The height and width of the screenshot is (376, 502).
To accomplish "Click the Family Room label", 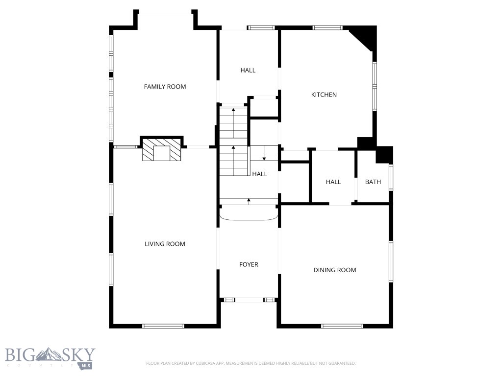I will (x=165, y=87).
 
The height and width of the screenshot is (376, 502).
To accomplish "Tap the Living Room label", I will (x=165, y=244).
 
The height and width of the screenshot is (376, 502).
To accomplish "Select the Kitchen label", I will (x=324, y=94).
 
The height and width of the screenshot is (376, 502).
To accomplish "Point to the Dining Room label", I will (x=335, y=270).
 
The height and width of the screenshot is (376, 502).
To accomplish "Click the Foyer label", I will (x=249, y=264).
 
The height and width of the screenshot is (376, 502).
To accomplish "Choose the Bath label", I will (x=373, y=182).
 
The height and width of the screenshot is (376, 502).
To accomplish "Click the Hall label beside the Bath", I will (x=333, y=182).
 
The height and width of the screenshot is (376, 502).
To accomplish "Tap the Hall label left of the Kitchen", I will (x=248, y=70).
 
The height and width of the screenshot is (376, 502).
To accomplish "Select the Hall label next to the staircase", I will (x=259, y=174).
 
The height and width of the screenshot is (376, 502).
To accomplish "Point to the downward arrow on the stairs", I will (x=264, y=157).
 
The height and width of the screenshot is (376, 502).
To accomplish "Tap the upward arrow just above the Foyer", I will (x=249, y=200).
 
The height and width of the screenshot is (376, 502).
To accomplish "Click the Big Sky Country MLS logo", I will (x=50, y=358).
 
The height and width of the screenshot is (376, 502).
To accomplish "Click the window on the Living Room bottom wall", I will (x=163, y=326).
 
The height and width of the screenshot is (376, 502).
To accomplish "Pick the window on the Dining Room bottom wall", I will (x=342, y=326).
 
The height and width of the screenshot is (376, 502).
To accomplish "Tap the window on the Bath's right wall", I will (x=391, y=177).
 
